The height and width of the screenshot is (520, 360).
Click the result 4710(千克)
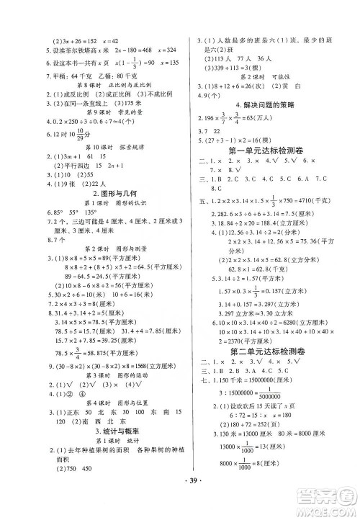[321, 203]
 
